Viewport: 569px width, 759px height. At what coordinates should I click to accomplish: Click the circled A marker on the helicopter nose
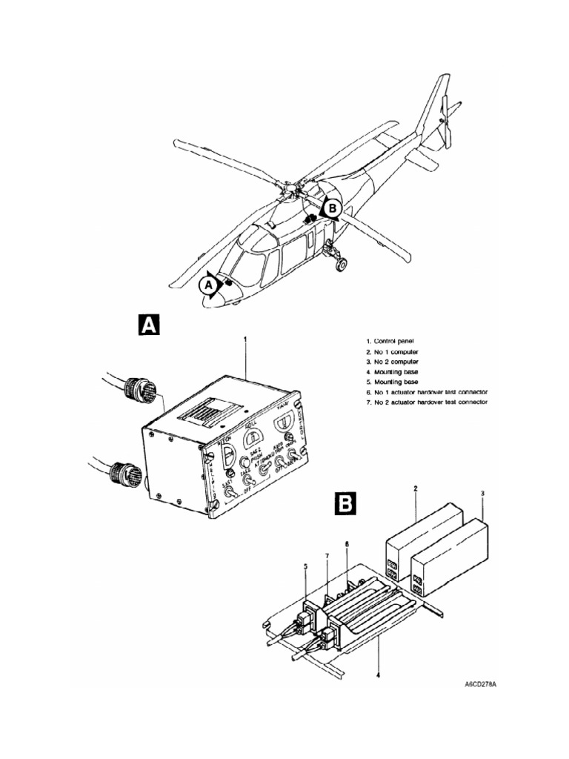[209, 283]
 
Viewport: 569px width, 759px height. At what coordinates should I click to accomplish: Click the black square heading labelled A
[150, 325]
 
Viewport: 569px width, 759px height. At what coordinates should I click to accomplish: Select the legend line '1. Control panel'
[393, 341]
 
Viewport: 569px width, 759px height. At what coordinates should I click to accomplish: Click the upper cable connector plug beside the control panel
[140, 390]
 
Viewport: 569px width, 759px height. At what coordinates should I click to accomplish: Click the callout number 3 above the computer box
[483, 493]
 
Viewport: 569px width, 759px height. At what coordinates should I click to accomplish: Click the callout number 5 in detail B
[304, 566]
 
